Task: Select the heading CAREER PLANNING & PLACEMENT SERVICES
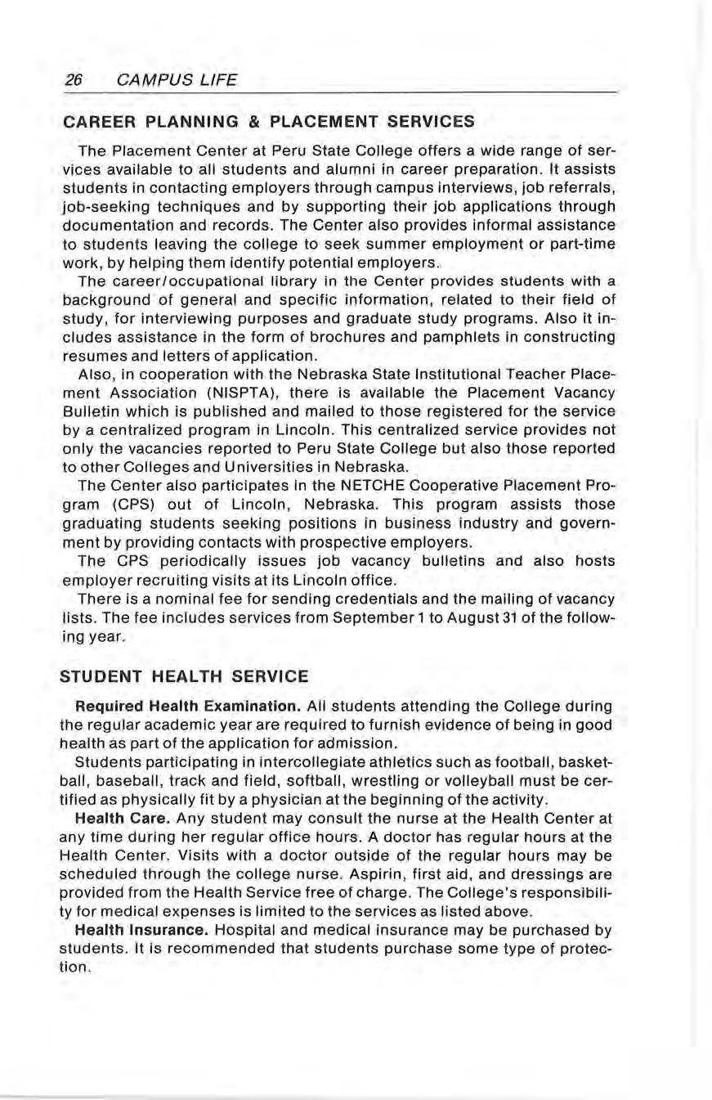[x=268, y=122]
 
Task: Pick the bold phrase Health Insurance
[x=134, y=931]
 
